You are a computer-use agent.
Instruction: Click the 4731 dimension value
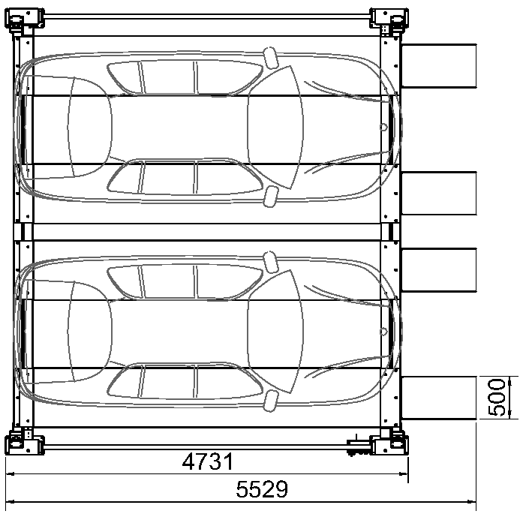click(207, 462)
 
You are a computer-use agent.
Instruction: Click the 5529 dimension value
click(262, 489)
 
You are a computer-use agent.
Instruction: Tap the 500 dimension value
click(497, 398)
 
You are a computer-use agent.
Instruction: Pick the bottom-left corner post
click(24, 443)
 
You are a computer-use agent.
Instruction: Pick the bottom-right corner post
click(389, 443)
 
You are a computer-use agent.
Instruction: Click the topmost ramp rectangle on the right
click(439, 66)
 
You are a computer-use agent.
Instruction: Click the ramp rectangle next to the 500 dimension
click(439, 398)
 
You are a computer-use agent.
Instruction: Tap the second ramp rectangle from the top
click(439, 193)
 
